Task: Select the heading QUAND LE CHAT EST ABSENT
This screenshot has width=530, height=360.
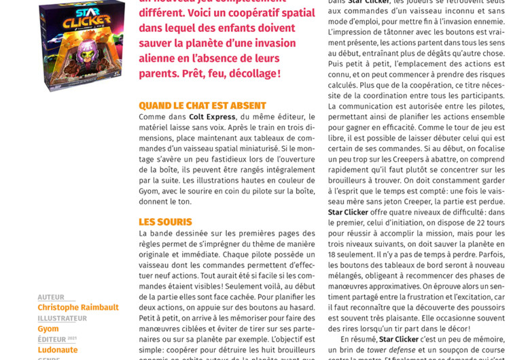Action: point(202,106)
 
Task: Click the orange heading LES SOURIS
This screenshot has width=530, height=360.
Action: point(165,222)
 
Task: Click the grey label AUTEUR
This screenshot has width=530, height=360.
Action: point(51,298)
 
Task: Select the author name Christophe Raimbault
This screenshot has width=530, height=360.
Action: point(78,308)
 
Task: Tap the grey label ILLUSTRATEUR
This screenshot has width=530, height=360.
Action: point(62,319)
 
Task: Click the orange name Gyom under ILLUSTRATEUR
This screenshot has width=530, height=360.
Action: point(48,329)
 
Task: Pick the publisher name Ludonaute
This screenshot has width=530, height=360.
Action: point(58,350)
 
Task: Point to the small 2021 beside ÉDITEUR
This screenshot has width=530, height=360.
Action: point(72,338)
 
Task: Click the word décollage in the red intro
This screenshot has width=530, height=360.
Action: point(247,73)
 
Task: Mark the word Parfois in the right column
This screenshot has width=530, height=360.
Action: point(489,253)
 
